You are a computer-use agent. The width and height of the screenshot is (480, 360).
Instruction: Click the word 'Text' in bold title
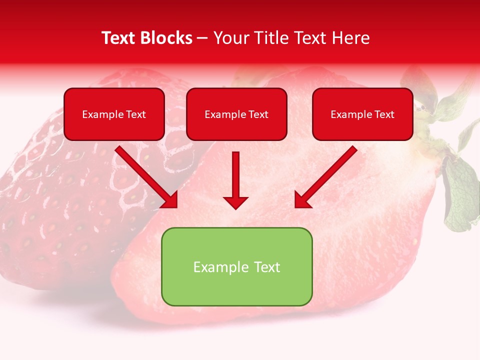coord(118,38)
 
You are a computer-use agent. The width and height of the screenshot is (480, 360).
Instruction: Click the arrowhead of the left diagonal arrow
coord(170,200)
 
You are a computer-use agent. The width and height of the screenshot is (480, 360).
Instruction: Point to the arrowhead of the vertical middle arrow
coord(235,202)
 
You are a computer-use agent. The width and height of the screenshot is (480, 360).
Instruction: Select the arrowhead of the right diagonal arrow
coord(302,200)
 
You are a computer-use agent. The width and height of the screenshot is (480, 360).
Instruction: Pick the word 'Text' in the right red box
coord(384,114)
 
